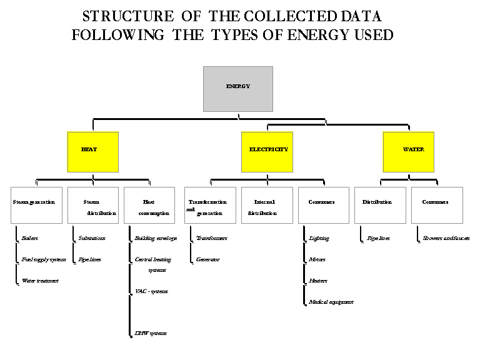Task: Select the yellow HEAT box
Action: (x=92, y=152)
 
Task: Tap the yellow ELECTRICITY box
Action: (x=267, y=152)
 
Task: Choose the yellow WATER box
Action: (x=409, y=152)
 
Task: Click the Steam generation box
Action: (x=37, y=205)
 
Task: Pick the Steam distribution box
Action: (x=92, y=205)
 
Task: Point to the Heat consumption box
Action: (x=149, y=205)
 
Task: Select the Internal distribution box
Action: (x=267, y=205)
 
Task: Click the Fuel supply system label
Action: (x=44, y=259)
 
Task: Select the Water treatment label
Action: (x=40, y=281)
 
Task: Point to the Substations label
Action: (x=92, y=238)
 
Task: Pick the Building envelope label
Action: (x=156, y=238)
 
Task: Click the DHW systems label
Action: (x=151, y=333)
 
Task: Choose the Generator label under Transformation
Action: (x=208, y=259)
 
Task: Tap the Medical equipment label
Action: (x=331, y=302)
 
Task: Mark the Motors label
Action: (x=317, y=259)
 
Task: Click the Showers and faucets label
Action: (x=446, y=238)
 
